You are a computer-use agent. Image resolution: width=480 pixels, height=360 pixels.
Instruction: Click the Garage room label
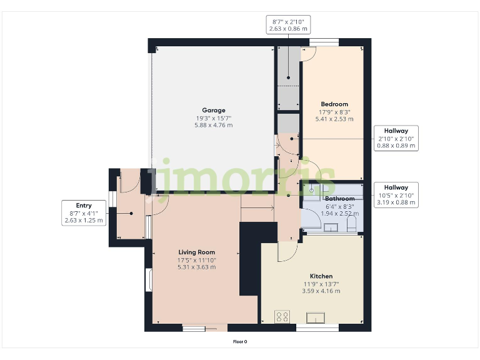(x=213, y=111)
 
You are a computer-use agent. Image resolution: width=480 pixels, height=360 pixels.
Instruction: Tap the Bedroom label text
(x=334, y=104)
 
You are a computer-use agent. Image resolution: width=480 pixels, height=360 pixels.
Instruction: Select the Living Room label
(x=196, y=252)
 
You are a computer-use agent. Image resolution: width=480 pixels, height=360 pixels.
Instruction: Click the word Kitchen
(x=321, y=276)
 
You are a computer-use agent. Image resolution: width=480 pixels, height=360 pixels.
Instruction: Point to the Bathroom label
(x=339, y=199)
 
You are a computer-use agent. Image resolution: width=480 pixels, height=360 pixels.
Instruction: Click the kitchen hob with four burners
(x=282, y=317)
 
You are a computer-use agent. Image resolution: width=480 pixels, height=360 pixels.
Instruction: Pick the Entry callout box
(x=84, y=213)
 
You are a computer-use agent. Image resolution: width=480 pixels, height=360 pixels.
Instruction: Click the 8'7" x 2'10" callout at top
(x=288, y=24)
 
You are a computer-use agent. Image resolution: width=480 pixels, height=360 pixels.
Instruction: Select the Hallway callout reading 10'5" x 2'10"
(x=396, y=195)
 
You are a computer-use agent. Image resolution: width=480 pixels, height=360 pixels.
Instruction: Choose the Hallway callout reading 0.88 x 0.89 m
(x=396, y=138)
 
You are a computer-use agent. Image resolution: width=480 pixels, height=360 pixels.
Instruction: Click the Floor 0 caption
(x=240, y=342)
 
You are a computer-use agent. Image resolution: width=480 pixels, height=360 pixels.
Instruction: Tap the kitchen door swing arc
(x=287, y=251)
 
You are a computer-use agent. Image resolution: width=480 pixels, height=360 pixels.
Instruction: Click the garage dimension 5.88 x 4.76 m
(x=213, y=126)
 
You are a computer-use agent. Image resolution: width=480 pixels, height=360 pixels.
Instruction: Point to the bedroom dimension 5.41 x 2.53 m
(x=334, y=119)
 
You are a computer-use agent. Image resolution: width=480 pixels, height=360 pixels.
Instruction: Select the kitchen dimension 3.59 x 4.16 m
(x=321, y=291)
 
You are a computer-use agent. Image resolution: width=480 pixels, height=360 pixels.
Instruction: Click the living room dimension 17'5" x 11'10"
(x=196, y=260)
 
